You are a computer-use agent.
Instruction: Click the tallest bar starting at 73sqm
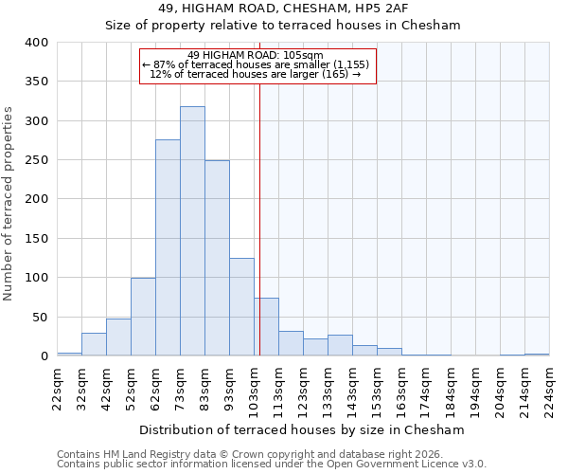192,231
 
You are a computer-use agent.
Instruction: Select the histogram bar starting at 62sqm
168,248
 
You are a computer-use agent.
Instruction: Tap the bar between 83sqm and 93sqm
217,258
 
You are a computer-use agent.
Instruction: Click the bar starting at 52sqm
143,317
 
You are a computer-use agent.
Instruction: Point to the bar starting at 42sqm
118,337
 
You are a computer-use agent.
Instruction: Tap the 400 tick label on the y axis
36,43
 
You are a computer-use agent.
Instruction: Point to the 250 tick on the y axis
36,160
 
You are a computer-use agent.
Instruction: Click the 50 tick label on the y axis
40,318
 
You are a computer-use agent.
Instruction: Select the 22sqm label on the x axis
57,388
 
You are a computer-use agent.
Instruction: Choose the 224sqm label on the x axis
549,388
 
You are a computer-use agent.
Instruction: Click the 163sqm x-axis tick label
401,388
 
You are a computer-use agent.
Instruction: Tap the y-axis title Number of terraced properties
9,204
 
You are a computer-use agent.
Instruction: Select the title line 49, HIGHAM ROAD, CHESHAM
283,9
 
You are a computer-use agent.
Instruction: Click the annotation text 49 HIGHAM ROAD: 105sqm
256,55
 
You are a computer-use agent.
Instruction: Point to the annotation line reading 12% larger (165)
256,75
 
